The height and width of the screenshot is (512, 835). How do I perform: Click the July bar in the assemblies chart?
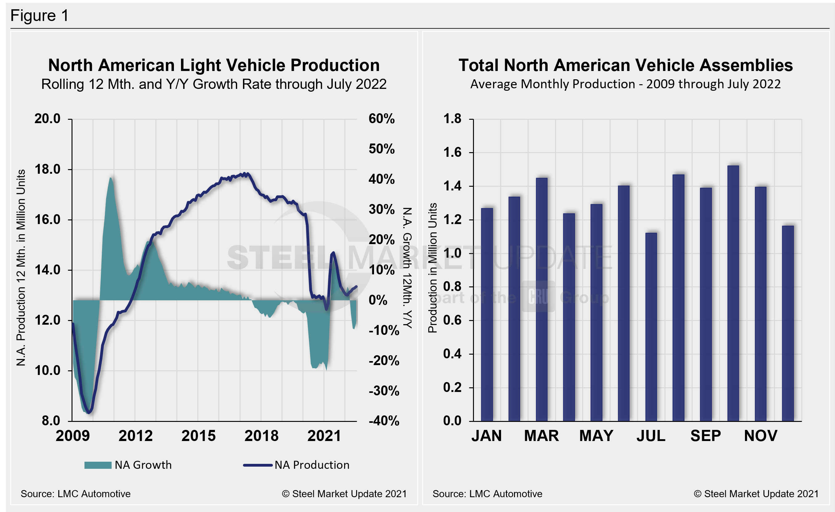tap(651, 327)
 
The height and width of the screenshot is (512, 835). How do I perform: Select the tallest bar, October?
tap(733, 293)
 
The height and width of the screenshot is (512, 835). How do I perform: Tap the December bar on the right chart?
tap(788, 323)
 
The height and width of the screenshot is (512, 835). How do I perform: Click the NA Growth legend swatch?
tap(98, 465)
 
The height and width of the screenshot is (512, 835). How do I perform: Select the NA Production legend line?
tap(257, 465)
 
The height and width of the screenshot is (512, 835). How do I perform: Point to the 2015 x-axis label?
tap(198, 436)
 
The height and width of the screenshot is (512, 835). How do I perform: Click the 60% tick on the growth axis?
tap(382, 119)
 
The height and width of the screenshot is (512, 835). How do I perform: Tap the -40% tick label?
tap(384, 421)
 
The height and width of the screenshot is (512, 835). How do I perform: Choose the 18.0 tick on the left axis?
tap(47, 169)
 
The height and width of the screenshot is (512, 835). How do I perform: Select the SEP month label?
tap(705, 436)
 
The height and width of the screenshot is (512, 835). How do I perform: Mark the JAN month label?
tap(486, 436)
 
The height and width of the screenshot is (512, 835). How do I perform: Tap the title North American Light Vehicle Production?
tap(214, 65)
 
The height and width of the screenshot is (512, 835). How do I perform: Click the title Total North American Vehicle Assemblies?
tap(626, 65)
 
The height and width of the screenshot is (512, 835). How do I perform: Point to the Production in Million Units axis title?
tap(432, 268)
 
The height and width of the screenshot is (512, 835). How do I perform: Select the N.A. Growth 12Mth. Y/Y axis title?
tap(407, 268)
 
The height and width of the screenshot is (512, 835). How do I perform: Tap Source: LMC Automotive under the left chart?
tap(76, 494)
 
